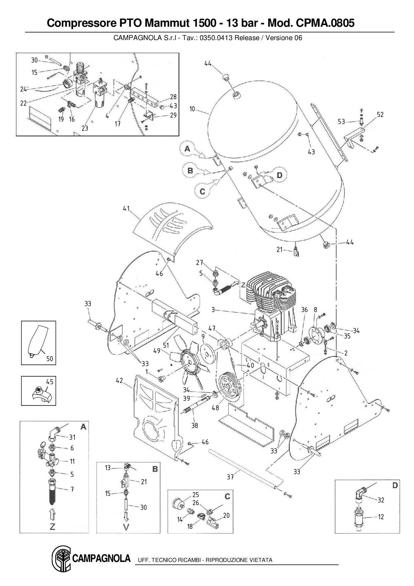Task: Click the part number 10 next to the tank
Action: tap(192, 109)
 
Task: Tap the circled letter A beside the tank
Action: tap(188, 149)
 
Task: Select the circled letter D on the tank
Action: tap(279, 175)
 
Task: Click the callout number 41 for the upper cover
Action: tap(126, 208)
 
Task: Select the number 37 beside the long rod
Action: tap(230, 477)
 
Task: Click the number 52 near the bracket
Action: tap(380, 115)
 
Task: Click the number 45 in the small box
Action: tap(50, 382)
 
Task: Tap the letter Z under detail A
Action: tap(52, 527)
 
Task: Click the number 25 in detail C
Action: tap(196, 495)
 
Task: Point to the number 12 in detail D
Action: tap(381, 517)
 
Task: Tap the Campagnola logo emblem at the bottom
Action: tap(61, 559)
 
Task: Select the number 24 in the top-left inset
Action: tap(23, 89)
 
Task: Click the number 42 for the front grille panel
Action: tap(120, 381)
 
